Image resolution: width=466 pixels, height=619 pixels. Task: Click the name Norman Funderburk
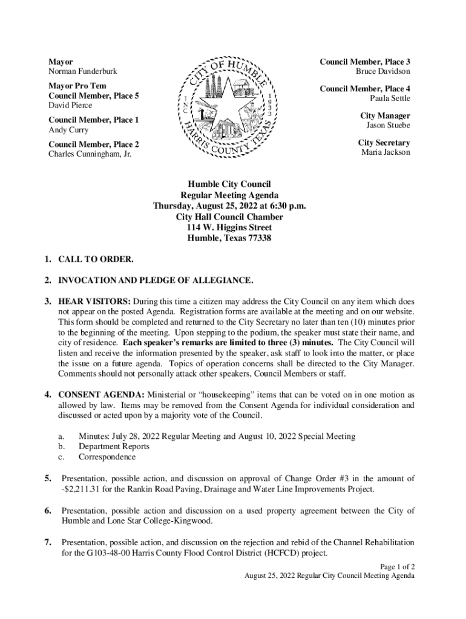[82, 71]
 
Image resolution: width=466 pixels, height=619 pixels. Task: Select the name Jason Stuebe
[388, 125]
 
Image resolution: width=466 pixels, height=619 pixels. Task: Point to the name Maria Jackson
[386, 152]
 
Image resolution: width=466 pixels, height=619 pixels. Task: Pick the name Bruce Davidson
[382, 71]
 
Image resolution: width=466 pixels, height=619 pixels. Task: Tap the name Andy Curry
[68, 130]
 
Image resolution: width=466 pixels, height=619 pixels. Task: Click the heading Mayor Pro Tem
[77, 86]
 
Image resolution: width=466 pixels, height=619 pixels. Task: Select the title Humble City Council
[229, 184]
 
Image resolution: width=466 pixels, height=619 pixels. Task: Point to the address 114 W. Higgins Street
[229, 227]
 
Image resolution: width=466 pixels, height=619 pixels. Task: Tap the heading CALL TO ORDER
[96, 260]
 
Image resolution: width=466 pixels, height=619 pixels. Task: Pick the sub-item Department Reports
[114, 446]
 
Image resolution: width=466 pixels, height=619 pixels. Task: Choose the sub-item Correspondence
[107, 457]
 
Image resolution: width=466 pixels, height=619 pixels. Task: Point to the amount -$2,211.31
[86, 488]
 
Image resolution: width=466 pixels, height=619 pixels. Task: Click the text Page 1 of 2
[397, 566]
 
